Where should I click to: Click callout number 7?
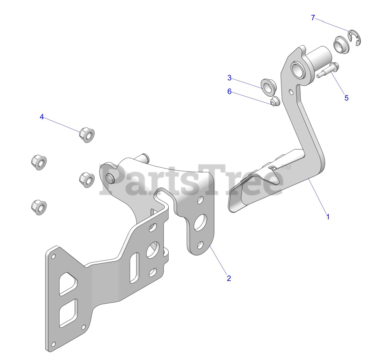(x=313, y=18)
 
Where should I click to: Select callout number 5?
(x=346, y=98)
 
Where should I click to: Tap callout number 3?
(x=229, y=77)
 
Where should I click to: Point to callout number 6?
(x=229, y=91)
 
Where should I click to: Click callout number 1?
(x=327, y=217)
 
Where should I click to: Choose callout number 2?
(x=228, y=278)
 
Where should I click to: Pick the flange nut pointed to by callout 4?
(x=86, y=134)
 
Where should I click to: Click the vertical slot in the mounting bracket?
(x=134, y=268)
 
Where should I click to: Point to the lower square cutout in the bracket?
(x=68, y=312)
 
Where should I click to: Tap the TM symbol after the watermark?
(x=286, y=167)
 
